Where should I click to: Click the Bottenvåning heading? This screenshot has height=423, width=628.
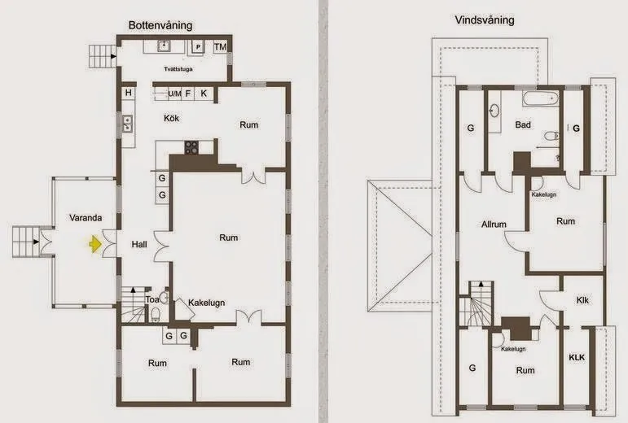[x=160, y=25]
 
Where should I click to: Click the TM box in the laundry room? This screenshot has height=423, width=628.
[x=220, y=47]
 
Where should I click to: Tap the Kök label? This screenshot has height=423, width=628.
[x=171, y=119]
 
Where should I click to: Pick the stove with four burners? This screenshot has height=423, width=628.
[x=192, y=147]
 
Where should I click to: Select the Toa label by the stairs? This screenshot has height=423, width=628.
[x=152, y=299]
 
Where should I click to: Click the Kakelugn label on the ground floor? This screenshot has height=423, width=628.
[x=207, y=302]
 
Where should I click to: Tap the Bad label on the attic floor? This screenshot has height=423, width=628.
[x=524, y=125]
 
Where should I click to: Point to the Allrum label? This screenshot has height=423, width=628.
[x=494, y=225]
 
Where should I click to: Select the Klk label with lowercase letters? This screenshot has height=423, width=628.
[x=582, y=300]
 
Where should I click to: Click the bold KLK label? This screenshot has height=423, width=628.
[x=577, y=357]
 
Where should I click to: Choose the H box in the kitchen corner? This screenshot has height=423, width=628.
[x=129, y=94]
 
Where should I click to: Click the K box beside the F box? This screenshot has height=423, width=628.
[x=204, y=94]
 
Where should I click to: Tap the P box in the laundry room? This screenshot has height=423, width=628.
[x=198, y=47]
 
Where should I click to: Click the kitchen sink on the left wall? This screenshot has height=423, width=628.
[x=127, y=124]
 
